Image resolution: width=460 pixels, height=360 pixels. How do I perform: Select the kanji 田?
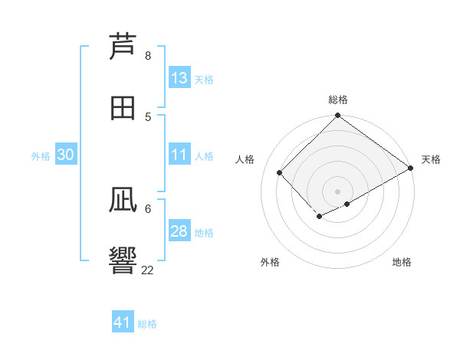tap(123, 107)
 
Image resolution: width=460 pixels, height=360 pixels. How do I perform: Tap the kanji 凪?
tap(123, 200)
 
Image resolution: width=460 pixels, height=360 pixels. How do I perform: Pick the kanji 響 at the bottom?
tap(123, 260)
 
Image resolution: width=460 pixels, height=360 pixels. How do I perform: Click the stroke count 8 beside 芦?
tap(148, 56)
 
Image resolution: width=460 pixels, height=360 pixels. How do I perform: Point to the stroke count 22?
tap(148, 270)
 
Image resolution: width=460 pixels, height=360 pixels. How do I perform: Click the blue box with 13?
tap(179, 78)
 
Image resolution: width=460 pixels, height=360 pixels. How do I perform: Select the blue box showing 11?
tap(179, 155)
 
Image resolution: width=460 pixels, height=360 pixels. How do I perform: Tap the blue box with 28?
tap(179, 231)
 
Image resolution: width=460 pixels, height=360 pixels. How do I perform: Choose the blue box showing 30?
tap(65, 155)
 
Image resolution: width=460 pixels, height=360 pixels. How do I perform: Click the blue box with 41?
tap(123, 322)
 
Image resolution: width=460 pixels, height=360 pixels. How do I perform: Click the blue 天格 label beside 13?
tap(203, 79)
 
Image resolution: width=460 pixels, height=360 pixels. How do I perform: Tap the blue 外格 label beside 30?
tap(41, 155)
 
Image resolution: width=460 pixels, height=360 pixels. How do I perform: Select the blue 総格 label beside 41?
tap(147, 323)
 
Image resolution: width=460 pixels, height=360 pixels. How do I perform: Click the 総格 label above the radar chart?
tap(338, 100)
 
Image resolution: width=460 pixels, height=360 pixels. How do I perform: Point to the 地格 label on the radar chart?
tap(402, 262)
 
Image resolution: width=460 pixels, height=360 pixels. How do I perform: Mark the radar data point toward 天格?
tap(410, 169)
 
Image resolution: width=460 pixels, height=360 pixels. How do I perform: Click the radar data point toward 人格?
tap(280, 172)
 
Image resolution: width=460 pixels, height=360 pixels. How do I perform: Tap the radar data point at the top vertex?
tap(338, 116)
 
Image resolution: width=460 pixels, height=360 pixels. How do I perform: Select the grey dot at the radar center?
tap(338, 191)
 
